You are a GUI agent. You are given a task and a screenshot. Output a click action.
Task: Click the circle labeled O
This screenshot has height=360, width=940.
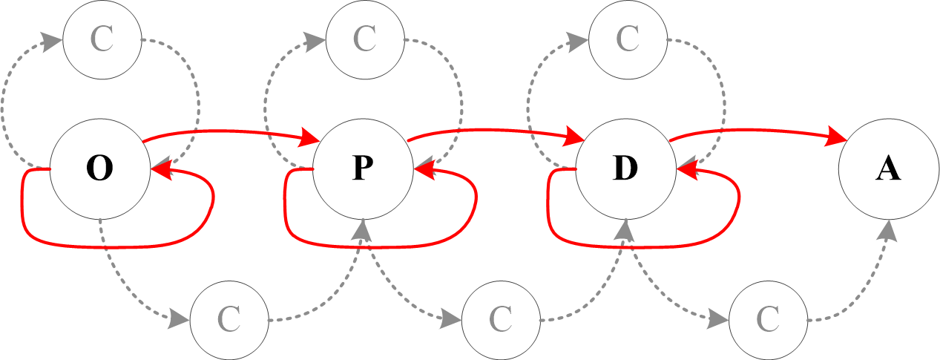[x=99, y=169]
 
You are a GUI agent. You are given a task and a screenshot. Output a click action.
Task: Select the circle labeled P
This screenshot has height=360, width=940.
[x=362, y=169]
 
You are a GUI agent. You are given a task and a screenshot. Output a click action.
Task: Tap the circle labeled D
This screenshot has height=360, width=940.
[x=625, y=169]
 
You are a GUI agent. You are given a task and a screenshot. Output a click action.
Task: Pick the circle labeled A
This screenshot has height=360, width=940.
[x=888, y=169]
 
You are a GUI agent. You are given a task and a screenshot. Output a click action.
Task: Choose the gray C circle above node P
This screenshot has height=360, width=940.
[x=364, y=39]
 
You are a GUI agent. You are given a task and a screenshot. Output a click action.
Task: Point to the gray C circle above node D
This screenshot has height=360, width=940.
[x=627, y=39]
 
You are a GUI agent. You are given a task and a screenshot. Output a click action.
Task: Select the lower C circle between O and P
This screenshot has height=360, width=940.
[x=229, y=320]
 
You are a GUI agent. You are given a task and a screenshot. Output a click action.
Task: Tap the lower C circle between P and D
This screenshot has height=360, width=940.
[x=500, y=320]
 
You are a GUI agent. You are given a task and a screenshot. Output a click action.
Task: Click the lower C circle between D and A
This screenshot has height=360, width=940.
[x=767, y=320]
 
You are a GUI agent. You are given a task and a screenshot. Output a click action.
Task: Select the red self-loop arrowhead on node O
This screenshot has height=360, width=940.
[x=161, y=171]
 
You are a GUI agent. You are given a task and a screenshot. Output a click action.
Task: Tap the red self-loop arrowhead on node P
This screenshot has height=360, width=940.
[x=424, y=171]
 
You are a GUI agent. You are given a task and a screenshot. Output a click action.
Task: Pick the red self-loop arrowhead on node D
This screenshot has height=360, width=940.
[x=686, y=171]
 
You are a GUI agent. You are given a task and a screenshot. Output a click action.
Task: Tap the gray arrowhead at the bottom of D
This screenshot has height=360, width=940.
[x=625, y=230]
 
